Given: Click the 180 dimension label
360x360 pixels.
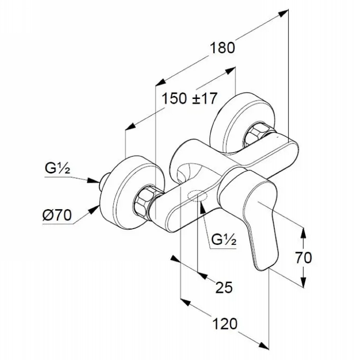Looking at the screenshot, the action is click(222, 48).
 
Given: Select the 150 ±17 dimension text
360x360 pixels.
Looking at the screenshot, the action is click(189, 99).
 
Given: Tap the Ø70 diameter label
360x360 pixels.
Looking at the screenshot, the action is click(57, 215).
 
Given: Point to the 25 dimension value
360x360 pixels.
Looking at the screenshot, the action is click(224, 287).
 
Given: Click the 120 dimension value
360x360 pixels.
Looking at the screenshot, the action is click(225, 324).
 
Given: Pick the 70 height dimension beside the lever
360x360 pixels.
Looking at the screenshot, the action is click(303, 257).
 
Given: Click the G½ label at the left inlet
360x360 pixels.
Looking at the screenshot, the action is click(57, 169).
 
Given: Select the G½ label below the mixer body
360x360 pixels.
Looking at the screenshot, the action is click(224, 239).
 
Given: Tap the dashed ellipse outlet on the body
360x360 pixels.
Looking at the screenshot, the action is click(197, 196).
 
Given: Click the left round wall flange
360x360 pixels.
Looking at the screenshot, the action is click(131, 193).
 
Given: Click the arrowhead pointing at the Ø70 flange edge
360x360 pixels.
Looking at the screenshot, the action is click(95, 210).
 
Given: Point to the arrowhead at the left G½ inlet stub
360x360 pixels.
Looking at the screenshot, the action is click(94, 181).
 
